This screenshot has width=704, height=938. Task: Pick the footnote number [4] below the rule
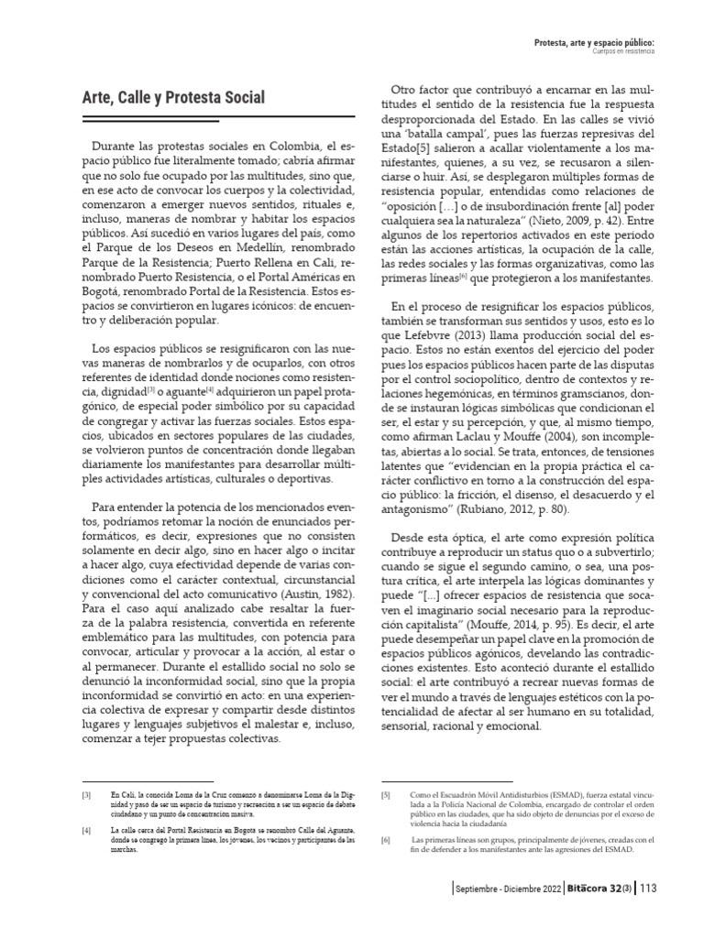click(85, 829)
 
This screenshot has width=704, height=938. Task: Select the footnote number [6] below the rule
click(385, 840)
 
